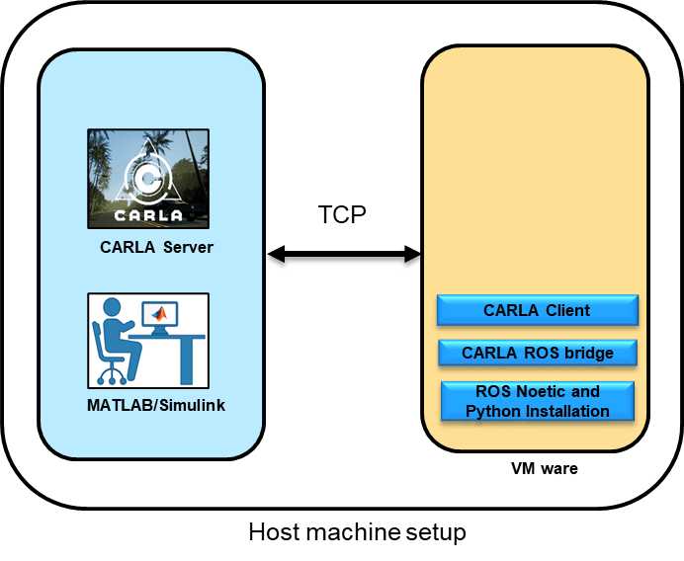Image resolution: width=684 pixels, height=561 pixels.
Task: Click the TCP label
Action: tap(342, 214)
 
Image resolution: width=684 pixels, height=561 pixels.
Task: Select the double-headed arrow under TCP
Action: tap(344, 256)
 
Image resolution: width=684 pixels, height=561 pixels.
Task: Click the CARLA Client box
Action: tap(537, 310)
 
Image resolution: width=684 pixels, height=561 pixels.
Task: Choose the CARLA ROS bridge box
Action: tap(537, 353)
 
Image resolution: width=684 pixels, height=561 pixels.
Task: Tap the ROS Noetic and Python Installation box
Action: tap(537, 401)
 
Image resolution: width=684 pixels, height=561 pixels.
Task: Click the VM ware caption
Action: tap(537, 468)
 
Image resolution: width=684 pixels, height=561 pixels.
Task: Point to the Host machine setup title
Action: tap(357, 532)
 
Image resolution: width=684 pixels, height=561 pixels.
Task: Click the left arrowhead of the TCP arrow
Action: tap(276, 256)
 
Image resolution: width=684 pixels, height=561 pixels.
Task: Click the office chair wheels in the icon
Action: tap(112, 376)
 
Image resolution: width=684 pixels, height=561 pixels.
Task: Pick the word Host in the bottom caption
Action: tap(272, 532)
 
